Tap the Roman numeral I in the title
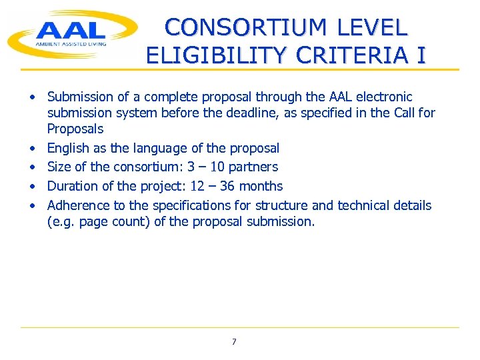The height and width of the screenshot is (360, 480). click(x=420, y=55)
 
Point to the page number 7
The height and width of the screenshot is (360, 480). click(x=234, y=342)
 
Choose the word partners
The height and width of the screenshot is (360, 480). click(x=253, y=167)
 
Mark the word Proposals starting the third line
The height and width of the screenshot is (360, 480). click(x=75, y=129)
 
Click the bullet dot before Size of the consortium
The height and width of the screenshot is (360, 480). click(x=31, y=167)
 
